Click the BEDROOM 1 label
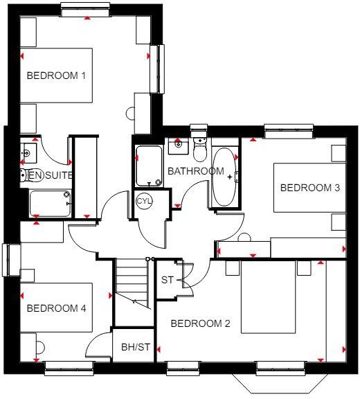point(56,76)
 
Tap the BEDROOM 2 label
point(200,323)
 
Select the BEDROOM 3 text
point(309,188)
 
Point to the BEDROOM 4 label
point(56,308)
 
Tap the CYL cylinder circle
point(144,201)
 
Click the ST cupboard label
point(167,281)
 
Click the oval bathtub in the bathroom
point(224,177)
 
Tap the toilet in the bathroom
point(199,148)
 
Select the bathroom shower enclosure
point(149,166)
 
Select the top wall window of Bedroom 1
point(85,10)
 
